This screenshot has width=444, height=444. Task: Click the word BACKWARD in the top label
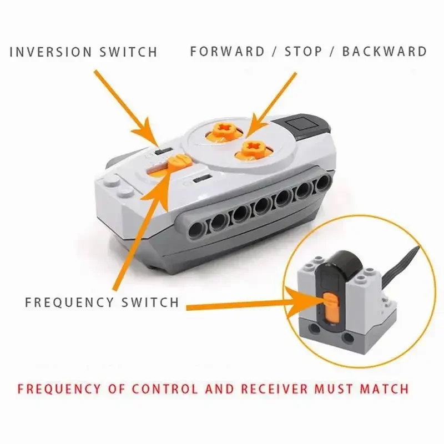coord(385,52)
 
